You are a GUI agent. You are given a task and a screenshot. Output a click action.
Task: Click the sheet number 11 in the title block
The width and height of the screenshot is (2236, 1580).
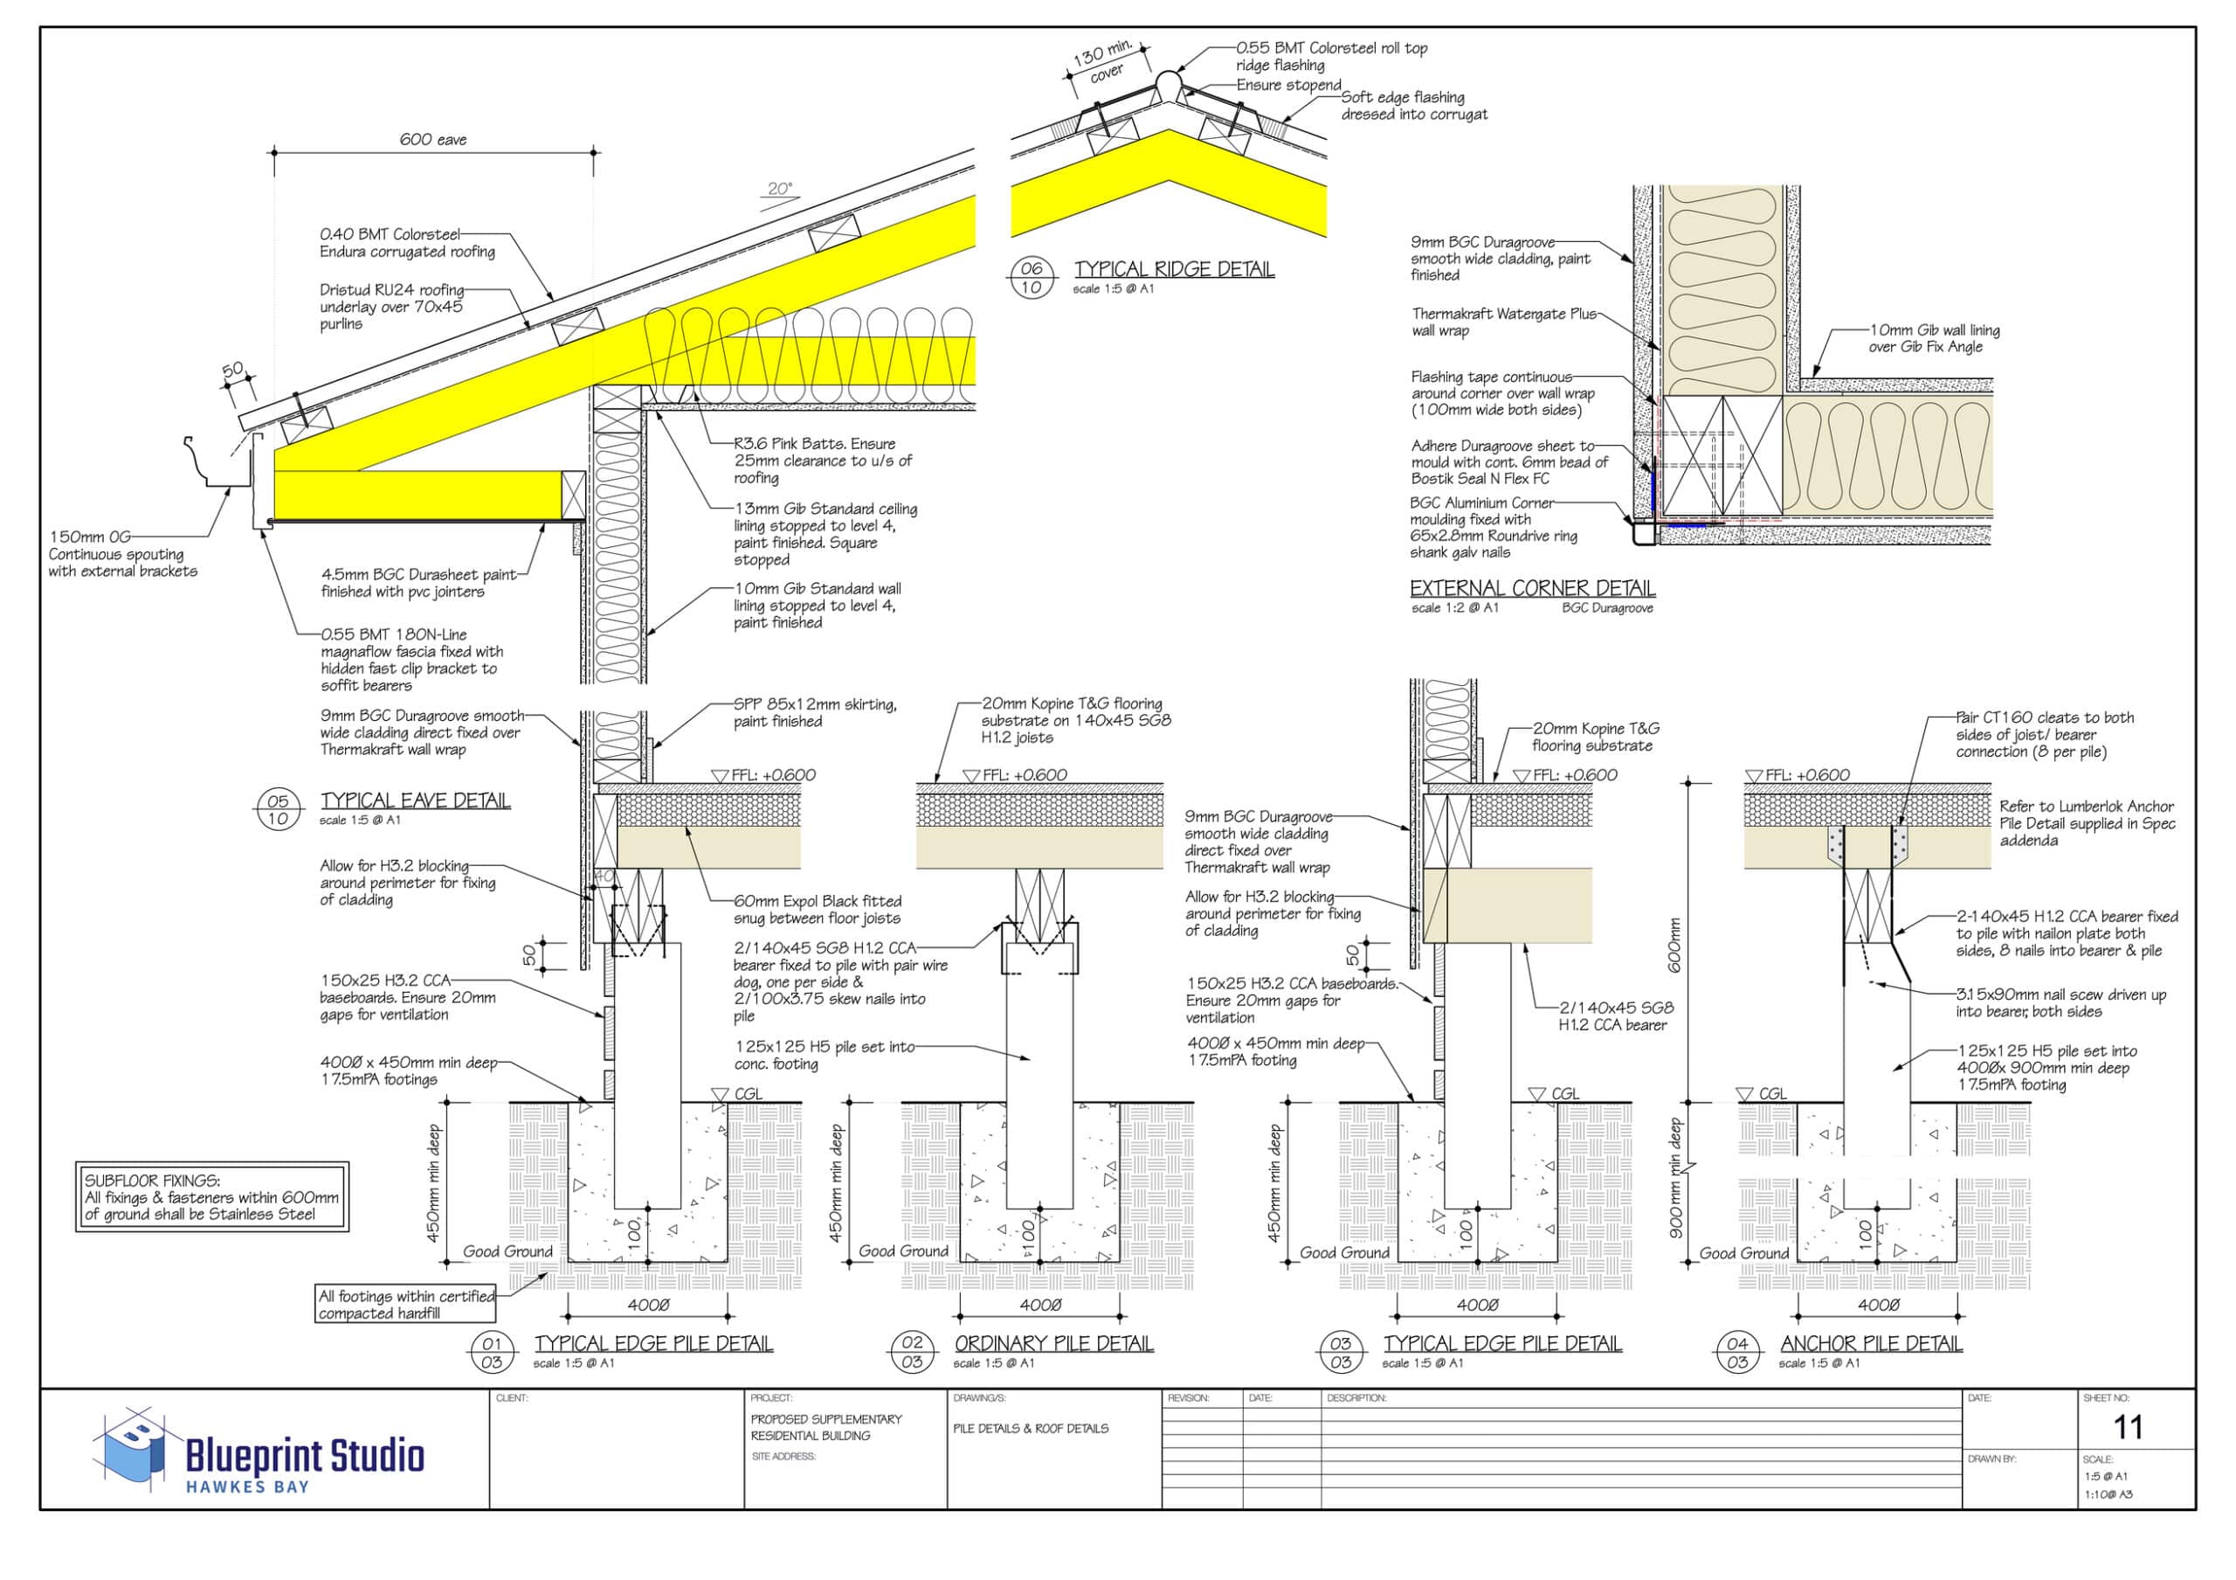[2128, 1428]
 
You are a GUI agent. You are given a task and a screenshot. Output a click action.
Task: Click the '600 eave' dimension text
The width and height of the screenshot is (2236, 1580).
[433, 139]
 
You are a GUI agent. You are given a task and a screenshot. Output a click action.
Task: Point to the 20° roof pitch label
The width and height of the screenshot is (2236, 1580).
[780, 189]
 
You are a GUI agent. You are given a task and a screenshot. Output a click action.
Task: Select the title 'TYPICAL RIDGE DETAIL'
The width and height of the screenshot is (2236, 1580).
[1175, 269]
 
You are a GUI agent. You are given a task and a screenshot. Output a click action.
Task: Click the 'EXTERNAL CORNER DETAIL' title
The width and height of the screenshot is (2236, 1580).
[1532, 588]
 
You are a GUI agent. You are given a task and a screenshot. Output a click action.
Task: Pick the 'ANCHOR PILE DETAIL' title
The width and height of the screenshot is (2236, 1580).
[1871, 1343]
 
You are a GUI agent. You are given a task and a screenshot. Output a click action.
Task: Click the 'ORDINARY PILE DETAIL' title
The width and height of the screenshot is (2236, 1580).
[1053, 1343]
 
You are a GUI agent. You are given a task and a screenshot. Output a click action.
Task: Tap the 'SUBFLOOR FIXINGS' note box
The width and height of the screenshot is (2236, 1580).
[212, 1197]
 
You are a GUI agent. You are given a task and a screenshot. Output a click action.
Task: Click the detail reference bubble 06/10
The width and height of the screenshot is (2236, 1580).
[1032, 278]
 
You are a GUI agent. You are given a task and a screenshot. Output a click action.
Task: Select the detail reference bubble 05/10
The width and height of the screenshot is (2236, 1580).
[279, 809]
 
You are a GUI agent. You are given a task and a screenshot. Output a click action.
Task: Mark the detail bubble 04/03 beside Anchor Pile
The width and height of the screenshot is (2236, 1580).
[1737, 1353]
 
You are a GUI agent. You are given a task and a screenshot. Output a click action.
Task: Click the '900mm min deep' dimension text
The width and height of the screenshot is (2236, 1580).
[1676, 1178]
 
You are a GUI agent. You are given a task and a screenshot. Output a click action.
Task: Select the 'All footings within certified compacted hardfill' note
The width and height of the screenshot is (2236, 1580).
[406, 1305]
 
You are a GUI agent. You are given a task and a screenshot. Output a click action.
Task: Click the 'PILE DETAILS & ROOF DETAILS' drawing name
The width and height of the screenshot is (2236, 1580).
[1031, 1428]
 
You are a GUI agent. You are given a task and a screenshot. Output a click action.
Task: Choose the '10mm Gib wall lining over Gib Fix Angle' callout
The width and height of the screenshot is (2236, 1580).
[1933, 338]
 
